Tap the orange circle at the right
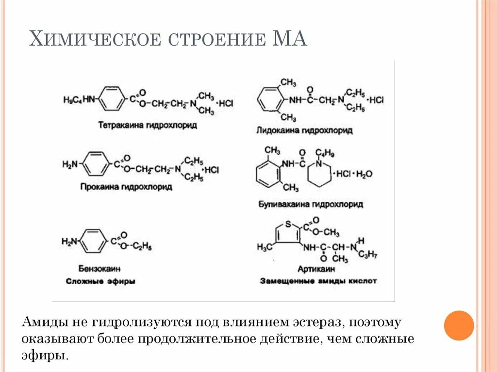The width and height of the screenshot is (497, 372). pyautogui.click(x=459, y=325)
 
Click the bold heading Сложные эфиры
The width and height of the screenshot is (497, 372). pyautogui.click(x=100, y=281)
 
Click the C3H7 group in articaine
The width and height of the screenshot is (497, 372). pyautogui.click(x=369, y=255)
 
